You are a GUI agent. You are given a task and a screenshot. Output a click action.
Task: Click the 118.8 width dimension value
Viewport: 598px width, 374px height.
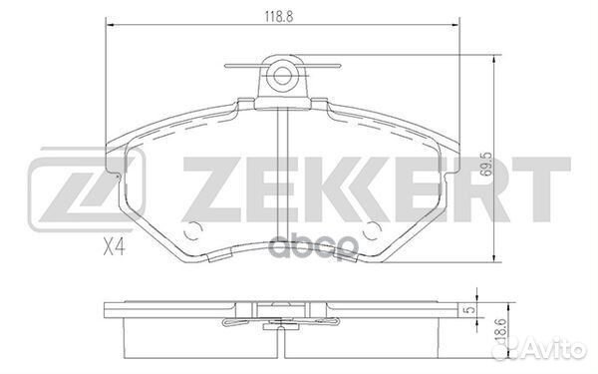click(279, 16)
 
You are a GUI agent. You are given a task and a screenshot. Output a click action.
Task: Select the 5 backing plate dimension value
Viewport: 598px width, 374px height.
click(471, 309)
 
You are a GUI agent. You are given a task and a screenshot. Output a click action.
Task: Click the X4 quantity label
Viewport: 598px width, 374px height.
click(115, 248)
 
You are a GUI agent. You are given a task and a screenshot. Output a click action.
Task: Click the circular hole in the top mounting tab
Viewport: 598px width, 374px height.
click(282, 76)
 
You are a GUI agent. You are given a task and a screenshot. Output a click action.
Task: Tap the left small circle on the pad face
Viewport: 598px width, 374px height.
click(192, 230)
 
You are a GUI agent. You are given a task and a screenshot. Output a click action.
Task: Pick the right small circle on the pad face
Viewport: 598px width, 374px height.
click(372, 230)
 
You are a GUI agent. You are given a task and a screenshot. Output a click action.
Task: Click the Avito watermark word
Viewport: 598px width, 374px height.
click(556, 349)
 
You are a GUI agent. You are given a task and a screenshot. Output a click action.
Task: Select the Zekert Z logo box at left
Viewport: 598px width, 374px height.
click(87, 189)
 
